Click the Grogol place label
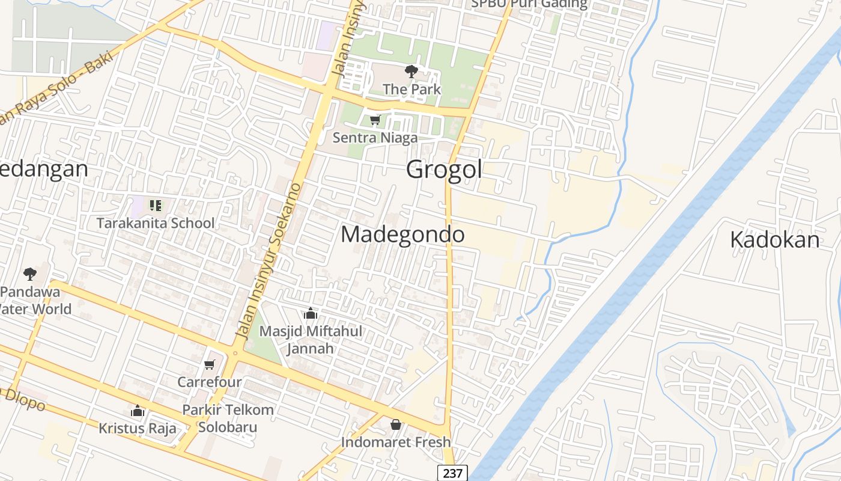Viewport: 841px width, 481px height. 444,170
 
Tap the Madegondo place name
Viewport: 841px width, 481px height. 402,234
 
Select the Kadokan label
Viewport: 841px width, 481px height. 774,240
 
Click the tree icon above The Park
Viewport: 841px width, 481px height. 411,72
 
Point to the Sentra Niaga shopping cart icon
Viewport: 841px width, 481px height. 375,120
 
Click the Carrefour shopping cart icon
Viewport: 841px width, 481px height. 210,364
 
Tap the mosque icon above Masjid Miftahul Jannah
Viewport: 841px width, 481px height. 311,313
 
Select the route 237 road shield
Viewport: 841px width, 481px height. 452,473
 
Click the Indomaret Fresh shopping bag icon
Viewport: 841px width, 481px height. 396,424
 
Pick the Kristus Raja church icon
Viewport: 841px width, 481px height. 138,411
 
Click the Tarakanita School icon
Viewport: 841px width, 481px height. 156,206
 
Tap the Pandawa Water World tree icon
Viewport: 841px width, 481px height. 30,274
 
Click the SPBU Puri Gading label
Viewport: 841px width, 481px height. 529,4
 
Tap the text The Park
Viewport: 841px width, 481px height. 411,89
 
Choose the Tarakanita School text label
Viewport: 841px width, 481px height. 156,223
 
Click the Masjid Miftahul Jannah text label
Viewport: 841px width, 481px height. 311,340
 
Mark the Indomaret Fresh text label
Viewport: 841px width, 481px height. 396,442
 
